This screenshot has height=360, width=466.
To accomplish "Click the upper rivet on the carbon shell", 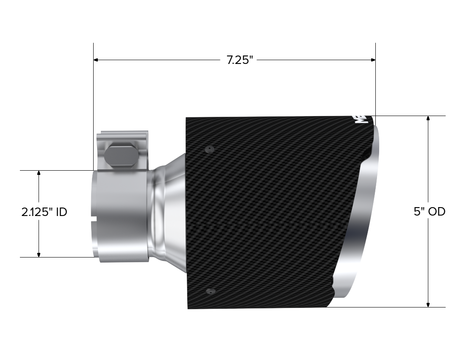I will pyautogui.click(x=208, y=149).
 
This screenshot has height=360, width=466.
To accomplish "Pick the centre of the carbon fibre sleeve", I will pyautogui.click(x=271, y=212).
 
